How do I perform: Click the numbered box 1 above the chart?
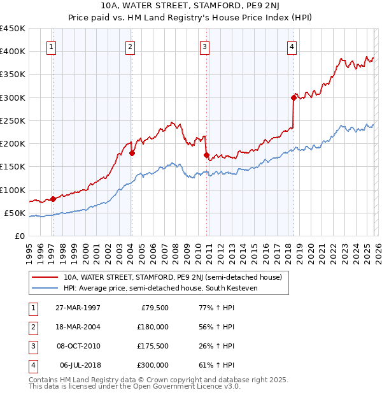click(x=50, y=46)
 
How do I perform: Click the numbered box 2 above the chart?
click(x=129, y=46)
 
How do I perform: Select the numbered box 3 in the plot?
click(x=204, y=46)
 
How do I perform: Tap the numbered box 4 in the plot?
click(x=291, y=46)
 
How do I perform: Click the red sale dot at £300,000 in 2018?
click(x=294, y=97)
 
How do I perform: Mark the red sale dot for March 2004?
click(x=132, y=153)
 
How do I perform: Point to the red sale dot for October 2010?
click(x=206, y=155)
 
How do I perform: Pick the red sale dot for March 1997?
click(x=53, y=199)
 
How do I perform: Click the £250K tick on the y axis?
click(x=13, y=120)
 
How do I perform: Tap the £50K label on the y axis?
click(x=15, y=213)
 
